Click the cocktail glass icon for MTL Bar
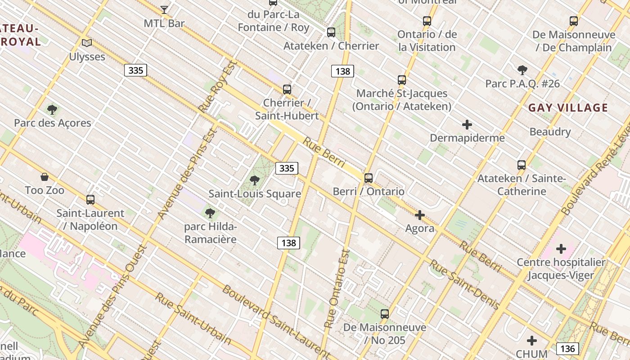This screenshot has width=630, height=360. coord(164,9)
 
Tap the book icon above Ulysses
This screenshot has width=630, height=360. coord(87,43)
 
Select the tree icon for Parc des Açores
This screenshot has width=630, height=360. coord(52,109)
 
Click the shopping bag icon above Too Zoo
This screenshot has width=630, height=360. coord(45,176)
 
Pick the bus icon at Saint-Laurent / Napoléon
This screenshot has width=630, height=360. coord(90,199)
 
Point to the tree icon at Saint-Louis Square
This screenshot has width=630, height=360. coord(255,180)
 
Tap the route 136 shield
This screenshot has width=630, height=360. coord(567,348)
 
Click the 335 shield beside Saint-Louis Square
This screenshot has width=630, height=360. coord(287,168)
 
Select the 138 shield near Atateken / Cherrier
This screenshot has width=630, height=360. coord(342,71)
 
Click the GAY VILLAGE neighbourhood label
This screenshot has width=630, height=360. coord(568,108)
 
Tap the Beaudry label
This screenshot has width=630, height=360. coord(550,132)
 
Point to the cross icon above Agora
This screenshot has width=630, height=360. coord(420,215)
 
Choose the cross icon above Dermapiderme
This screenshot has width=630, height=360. coord(467,124)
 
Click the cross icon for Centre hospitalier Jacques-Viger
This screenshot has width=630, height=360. coord(561,248)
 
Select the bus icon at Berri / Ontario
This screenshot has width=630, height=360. coord(369,178)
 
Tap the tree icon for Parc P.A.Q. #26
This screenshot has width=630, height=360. coord(522,70)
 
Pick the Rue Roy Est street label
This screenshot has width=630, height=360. coord(217,86)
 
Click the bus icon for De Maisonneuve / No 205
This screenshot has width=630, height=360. coord(385,314)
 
